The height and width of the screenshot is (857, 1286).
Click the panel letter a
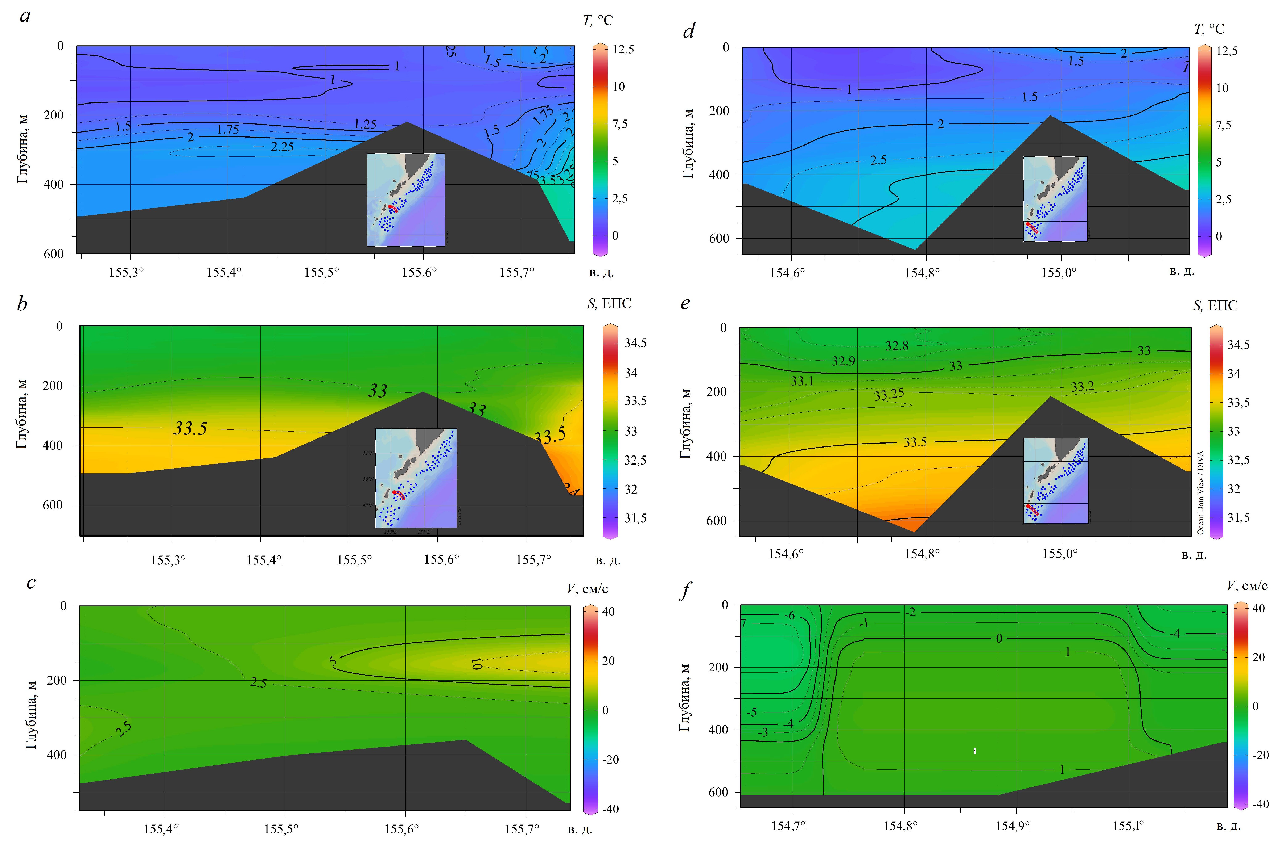[25, 16]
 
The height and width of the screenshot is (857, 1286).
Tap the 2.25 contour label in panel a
[282, 147]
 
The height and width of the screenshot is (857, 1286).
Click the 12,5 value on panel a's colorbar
[623, 50]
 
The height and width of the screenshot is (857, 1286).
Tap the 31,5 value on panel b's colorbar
[635, 518]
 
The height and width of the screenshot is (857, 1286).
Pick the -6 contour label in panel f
[789, 616]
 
